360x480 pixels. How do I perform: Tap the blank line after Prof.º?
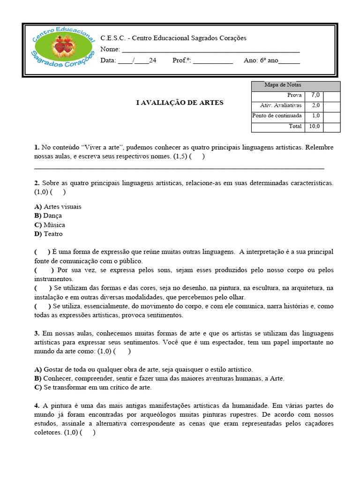[213, 61]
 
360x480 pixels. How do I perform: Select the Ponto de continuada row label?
[277, 116]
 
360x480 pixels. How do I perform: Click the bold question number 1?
[37, 147]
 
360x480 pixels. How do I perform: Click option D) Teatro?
[48, 234]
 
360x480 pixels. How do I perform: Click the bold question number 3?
[37, 333]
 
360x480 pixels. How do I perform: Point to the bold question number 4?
[37, 405]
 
